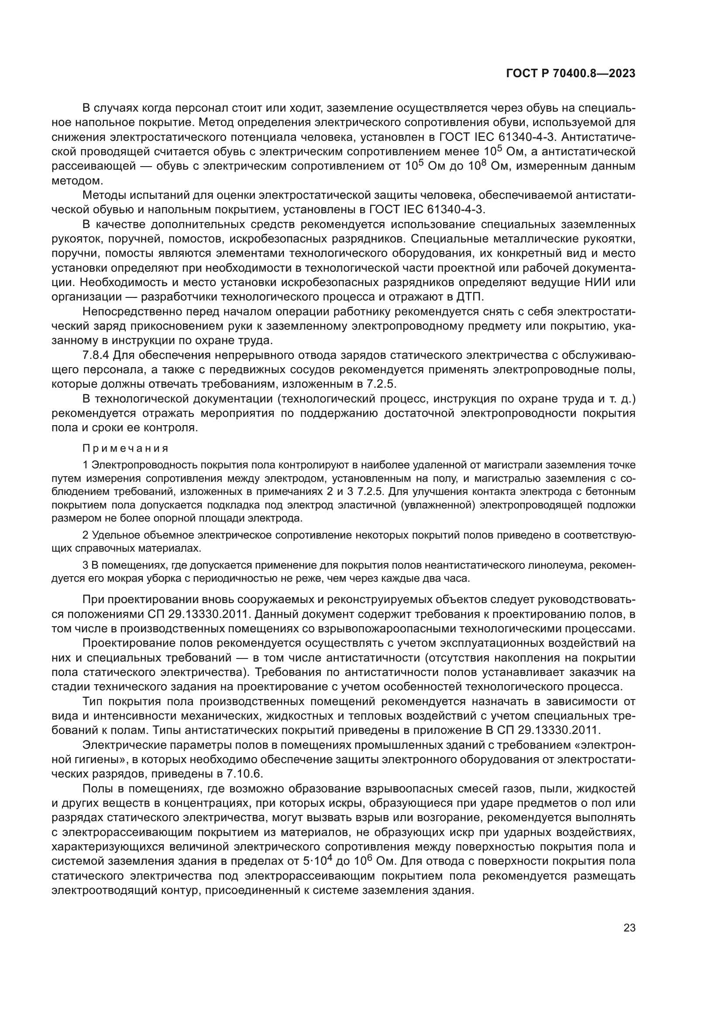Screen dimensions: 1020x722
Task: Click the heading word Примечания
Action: [x=126, y=448]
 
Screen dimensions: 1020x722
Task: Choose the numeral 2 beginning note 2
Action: [x=86, y=536]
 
